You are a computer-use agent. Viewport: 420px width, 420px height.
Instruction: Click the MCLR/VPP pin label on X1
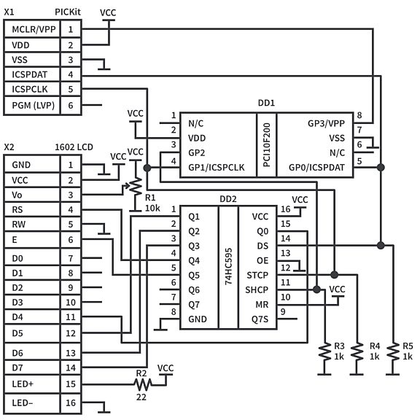click(33, 29)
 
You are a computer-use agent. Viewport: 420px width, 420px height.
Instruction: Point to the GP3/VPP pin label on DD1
click(326, 123)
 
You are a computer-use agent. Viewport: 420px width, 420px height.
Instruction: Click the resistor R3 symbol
click(324, 354)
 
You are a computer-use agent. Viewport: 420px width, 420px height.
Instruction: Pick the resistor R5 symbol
click(392, 354)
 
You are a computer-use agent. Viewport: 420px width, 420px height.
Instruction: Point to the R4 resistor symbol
click(357, 354)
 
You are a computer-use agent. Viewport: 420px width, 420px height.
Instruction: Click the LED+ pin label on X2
click(25, 383)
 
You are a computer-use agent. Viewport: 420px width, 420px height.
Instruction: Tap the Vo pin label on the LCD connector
click(17, 195)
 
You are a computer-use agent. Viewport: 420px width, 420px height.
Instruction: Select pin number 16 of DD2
click(286, 209)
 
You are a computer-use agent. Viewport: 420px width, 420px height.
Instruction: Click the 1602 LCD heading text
click(74, 147)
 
